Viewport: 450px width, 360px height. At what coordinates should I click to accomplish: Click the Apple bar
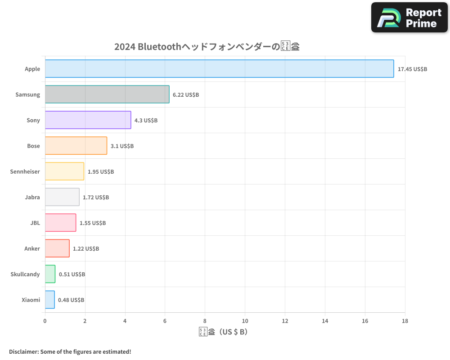[x=219, y=69]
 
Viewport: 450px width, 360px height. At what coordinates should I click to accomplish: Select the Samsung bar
[x=107, y=94]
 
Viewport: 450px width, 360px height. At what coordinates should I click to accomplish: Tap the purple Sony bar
[x=88, y=120]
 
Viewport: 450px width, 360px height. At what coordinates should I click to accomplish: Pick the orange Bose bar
[x=76, y=146]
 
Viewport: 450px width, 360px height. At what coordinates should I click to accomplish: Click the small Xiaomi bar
[x=49, y=300]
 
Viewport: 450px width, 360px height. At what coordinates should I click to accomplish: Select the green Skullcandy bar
[x=50, y=274]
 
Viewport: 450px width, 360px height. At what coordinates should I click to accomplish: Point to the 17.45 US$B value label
[x=412, y=69]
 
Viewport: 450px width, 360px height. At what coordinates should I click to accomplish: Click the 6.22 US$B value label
[x=186, y=95]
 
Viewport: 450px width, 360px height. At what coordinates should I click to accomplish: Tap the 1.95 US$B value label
[x=100, y=172]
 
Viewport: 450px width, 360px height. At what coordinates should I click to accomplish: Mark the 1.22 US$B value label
[x=86, y=249]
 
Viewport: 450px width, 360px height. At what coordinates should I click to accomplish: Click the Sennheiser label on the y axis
[x=25, y=171]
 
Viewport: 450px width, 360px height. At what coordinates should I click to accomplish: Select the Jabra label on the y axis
[x=32, y=197]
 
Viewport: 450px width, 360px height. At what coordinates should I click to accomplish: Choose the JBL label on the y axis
[x=35, y=223]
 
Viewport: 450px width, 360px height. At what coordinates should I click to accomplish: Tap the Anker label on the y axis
[x=32, y=248]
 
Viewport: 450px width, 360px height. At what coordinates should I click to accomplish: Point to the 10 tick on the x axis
[x=245, y=321]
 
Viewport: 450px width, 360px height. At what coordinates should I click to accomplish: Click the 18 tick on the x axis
[x=405, y=321]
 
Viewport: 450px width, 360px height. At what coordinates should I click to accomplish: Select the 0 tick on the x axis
[x=45, y=321]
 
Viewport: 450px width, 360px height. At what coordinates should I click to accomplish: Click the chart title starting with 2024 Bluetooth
[x=207, y=46]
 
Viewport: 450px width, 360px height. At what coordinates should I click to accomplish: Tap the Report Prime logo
[x=409, y=18]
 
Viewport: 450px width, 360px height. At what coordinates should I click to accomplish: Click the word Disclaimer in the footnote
[x=23, y=351]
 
